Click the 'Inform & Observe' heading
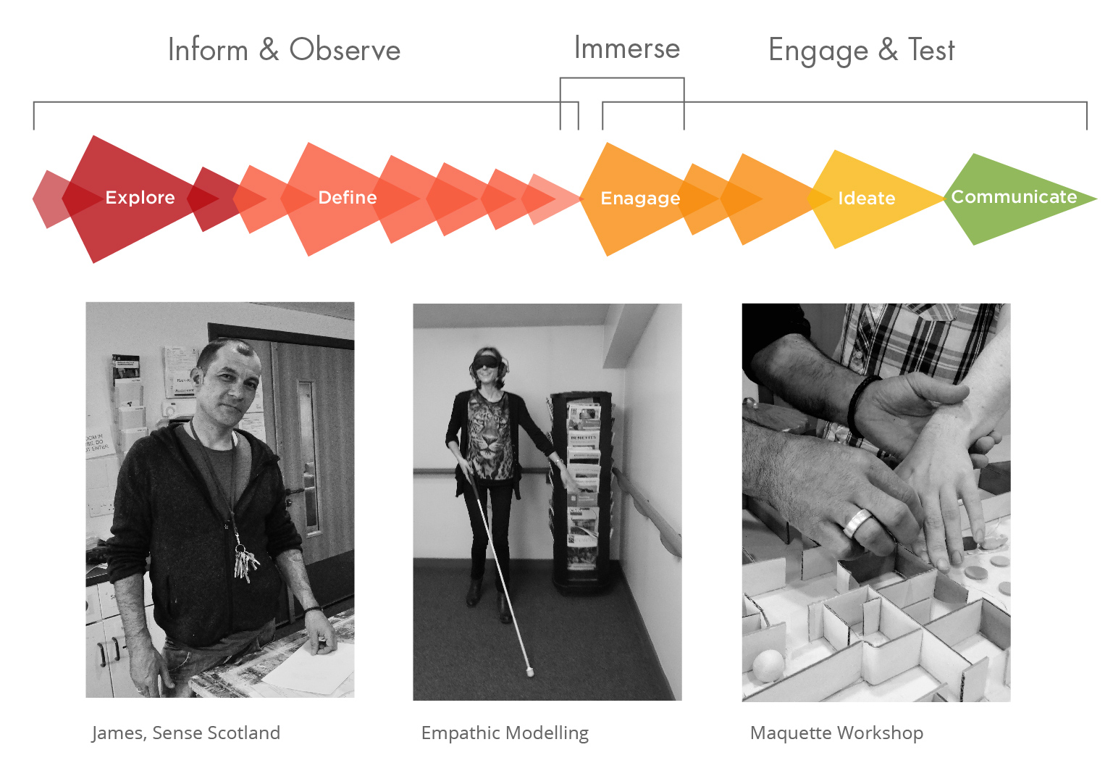[x=284, y=50]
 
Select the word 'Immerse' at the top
[x=627, y=49]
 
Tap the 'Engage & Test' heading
[x=861, y=51]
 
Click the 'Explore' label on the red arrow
[x=140, y=198]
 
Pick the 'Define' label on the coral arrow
[x=348, y=198]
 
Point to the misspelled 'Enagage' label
[x=640, y=199]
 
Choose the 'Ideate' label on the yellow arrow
[x=866, y=199]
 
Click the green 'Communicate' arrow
[x=1014, y=197]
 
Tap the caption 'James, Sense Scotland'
[x=186, y=733]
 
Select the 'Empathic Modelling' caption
[x=505, y=733]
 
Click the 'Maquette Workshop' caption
[x=836, y=733]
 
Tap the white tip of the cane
[x=529, y=672]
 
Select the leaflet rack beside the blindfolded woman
[x=581, y=493]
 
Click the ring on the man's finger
[x=857, y=522]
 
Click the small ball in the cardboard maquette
[x=768, y=664]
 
